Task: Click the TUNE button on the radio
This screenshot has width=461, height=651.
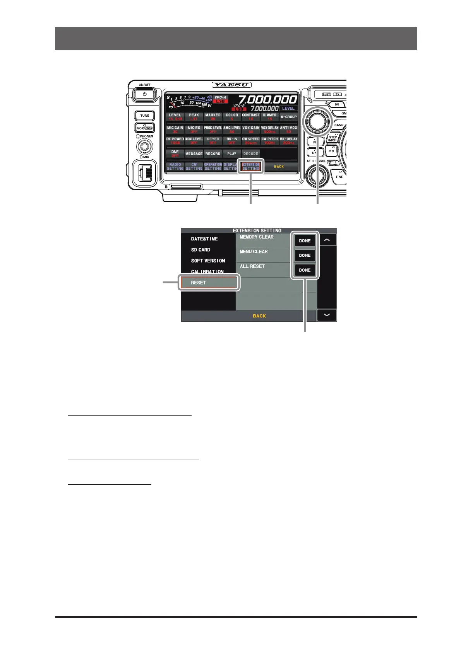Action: pos(145,116)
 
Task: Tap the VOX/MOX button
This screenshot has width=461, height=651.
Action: pos(145,128)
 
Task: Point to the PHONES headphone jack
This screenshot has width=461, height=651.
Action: pos(145,147)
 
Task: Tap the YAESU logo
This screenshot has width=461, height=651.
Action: pos(231,85)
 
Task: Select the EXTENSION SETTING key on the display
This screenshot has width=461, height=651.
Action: pos(251,167)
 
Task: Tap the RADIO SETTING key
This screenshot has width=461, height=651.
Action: pos(175,167)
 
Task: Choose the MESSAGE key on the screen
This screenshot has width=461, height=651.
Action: pos(194,154)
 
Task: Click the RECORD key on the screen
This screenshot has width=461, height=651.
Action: pos(213,154)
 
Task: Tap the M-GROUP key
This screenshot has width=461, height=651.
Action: pos(288,117)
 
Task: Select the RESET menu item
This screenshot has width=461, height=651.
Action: pos(209,283)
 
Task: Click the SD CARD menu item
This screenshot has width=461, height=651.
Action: pos(201,250)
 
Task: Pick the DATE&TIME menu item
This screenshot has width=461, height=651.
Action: pos(204,239)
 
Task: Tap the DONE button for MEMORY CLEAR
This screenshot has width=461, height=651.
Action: pos(305,241)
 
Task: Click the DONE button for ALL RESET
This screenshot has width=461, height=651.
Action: pos(305,270)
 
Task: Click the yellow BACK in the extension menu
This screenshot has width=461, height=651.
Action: pos(259,316)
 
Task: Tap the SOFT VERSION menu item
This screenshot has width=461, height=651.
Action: pos(208,261)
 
